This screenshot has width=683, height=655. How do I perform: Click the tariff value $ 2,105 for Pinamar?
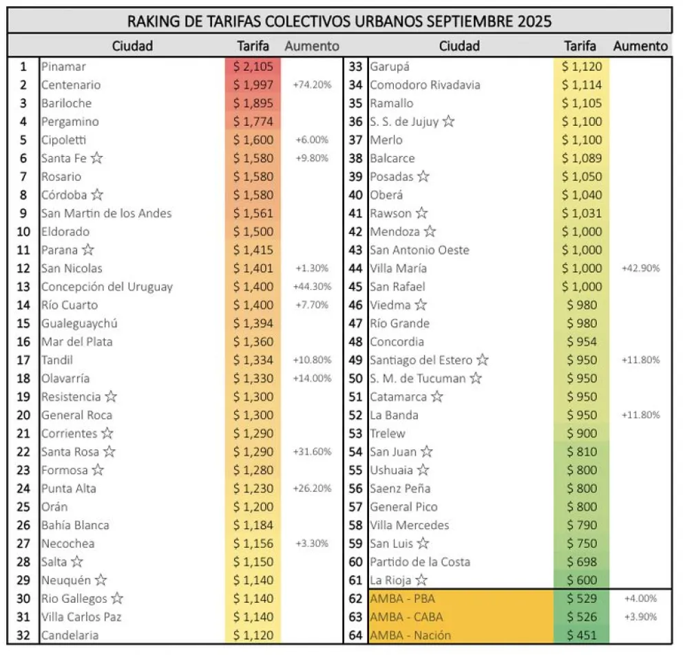[253, 67]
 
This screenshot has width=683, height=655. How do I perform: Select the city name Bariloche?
[66, 103]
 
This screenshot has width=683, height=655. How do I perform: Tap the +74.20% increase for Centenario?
[312, 85]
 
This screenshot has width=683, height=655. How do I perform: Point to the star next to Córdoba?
[98, 195]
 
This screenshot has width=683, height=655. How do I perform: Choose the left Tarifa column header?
[253, 46]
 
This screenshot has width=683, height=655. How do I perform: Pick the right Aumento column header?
[640, 46]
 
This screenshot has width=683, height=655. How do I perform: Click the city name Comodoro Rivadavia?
[425, 85]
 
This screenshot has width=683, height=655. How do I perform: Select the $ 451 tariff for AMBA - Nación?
[582, 635]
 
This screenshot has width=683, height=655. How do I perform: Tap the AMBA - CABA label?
[406, 616]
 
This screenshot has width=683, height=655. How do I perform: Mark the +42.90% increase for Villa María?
[640, 268]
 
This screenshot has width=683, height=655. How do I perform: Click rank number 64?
[355, 635]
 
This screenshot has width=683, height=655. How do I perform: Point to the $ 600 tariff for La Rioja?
[582, 580]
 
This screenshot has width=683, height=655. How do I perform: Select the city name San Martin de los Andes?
[106, 213]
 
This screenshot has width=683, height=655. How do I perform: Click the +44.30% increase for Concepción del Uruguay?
[312, 287]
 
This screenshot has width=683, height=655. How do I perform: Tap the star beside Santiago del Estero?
[483, 360]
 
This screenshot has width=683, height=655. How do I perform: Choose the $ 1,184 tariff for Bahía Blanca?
[253, 525]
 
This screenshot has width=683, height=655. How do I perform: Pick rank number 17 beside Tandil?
[23, 360]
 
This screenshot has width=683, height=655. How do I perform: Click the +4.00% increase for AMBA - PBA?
[640, 599]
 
